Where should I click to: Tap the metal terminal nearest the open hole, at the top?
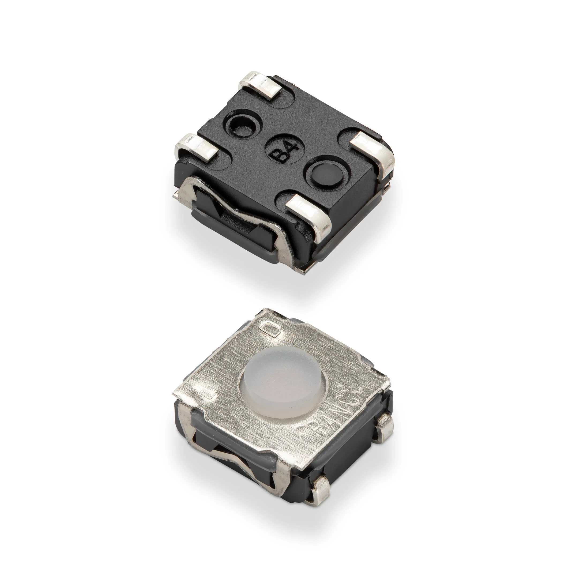tap(261, 85)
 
